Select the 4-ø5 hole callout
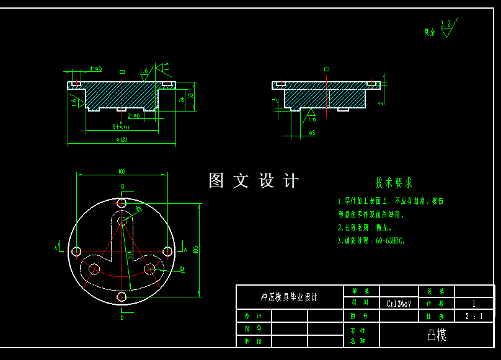point(95,68)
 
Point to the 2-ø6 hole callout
point(133,115)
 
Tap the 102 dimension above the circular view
point(122,171)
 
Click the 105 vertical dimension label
point(195,249)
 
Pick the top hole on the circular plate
point(122,203)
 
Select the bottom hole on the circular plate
point(122,297)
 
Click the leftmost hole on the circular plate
point(76,251)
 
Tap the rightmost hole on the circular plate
point(167,251)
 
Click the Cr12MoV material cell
point(399,304)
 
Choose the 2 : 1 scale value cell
point(474,316)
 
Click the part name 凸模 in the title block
point(437,335)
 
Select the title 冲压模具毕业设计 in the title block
point(289,297)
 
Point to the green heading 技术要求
point(393,183)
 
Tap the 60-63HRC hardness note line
point(371,240)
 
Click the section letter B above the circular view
point(122,187)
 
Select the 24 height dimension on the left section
point(181,99)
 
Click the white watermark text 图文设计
point(254,181)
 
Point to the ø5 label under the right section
point(312,133)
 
